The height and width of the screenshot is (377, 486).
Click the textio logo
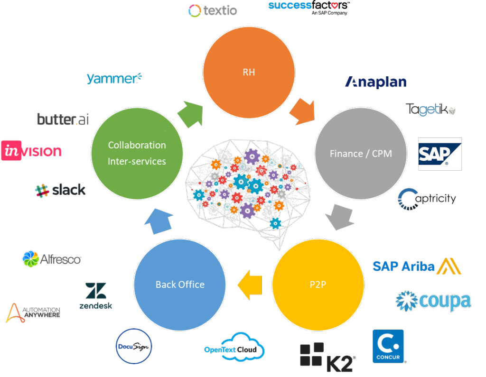pyautogui.click(x=213, y=10)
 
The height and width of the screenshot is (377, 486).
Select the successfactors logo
pyautogui.click(x=309, y=8)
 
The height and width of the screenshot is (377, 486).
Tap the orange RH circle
pyautogui.click(x=249, y=73)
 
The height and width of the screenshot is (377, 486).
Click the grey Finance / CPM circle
pyautogui.click(x=361, y=153)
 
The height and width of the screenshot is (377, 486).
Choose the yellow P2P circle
pyautogui.click(x=318, y=285)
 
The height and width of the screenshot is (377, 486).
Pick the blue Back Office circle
pyautogui.click(x=180, y=285)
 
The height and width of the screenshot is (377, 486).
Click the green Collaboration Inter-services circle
pyautogui.click(x=137, y=153)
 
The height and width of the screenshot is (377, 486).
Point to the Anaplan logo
pyautogui.click(x=376, y=82)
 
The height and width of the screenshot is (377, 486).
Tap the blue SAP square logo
pyautogui.click(x=440, y=154)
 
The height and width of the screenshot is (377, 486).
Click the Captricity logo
pyautogui.click(x=427, y=199)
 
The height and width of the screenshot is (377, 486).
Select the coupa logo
pyautogui.click(x=433, y=301)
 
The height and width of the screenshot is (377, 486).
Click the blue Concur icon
pyautogui.click(x=388, y=346)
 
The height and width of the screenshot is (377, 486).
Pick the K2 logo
pyautogui.click(x=327, y=357)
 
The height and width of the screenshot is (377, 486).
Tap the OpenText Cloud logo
pyautogui.click(x=234, y=347)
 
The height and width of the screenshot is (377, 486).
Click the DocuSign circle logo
pyautogui.click(x=133, y=346)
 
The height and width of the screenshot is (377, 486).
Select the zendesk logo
pyautogui.click(x=96, y=296)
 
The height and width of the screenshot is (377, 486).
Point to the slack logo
pyautogui.click(x=60, y=190)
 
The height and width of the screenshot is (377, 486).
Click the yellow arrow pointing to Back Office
pyautogui.click(x=250, y=285)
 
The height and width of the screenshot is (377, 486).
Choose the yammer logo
pyautogui.click(x=114, y=78)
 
